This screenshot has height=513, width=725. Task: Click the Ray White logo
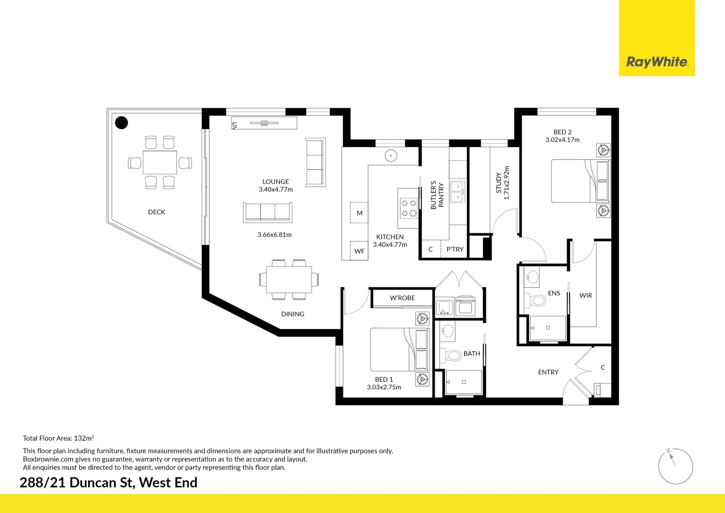pyautogui.click(x=657, y=62)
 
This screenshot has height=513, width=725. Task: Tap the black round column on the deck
pyautogui.click(x=122, y=123)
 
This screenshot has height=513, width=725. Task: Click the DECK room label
pyautogui.click(x=157, y=212)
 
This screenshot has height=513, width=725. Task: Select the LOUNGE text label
pyautogui.click(x=276, y=182)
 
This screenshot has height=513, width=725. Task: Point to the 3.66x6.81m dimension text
pyautogui.click(x=274, y=235)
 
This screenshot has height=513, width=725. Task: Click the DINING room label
pyautogui.click(x=292, y=314)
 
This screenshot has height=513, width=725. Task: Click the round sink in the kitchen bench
pyautogui.click(x=390, y=155)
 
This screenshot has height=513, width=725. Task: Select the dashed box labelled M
pyautogui.click(x=359, y=213)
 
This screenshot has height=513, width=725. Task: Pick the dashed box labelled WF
pyautogui.click(x=359, y=251)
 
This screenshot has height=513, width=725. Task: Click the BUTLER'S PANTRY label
pyautogui.click(x=437, y=195)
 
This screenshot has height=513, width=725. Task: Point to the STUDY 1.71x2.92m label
pyautogui.click(x=502, y=183)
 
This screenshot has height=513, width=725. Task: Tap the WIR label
pyautogui.click(x=586, y=295)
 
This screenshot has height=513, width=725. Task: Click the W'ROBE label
pyautogui.click(x=402, y=298)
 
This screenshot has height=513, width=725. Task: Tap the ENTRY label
pyautogui.click(x=548, y=372)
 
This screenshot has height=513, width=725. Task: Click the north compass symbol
pyautogui.click(x=675, y=466)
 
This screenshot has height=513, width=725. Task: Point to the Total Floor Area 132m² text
pyautogui.click(x=58, y=438)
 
